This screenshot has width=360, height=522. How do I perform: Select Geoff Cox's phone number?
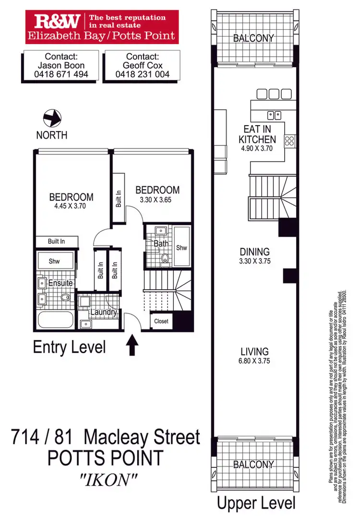(x=142, y=74)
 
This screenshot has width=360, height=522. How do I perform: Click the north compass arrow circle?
(x=51, y=117)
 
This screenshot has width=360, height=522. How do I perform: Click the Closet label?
(x=161, y=321)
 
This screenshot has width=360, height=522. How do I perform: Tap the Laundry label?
(x=103, y=312)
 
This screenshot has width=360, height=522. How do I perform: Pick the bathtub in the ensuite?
(x=55, y=320)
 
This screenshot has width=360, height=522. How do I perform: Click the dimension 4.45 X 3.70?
(x=71, y=206)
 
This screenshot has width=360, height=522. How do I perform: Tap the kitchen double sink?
(x=274, y=115)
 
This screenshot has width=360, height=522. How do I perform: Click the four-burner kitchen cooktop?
(x=290, y=140)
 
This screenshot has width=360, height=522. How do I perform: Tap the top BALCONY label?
(x=253, y=38)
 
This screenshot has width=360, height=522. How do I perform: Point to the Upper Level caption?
(x=256, y=503)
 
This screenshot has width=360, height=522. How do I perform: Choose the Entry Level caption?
(x=69, y=347)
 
